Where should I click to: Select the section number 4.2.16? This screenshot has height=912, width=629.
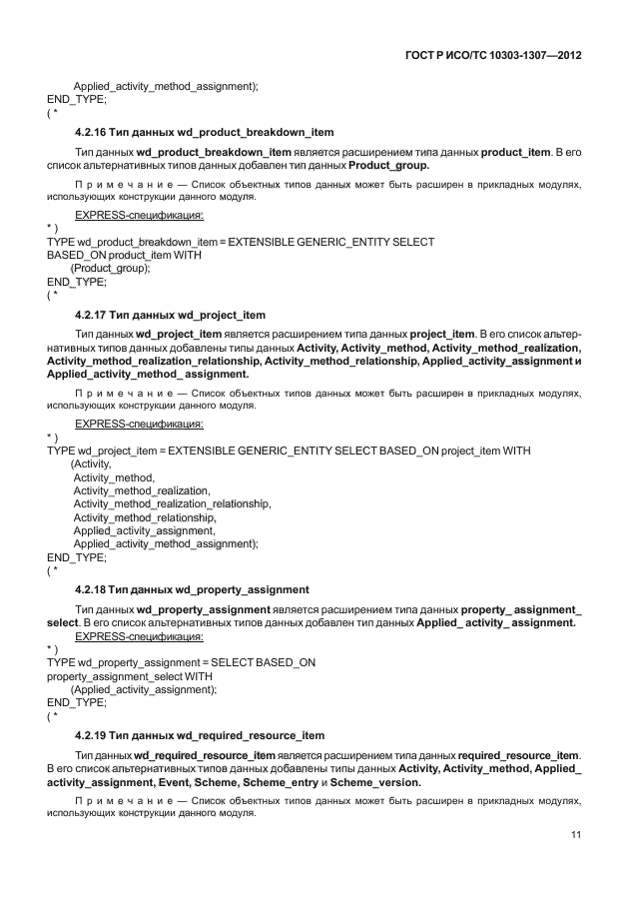click(93, 132)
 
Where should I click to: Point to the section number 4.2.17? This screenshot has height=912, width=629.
click(93, 316)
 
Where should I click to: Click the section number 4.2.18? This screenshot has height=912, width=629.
click(93, 589)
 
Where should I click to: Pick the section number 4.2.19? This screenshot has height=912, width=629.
click(93, 735)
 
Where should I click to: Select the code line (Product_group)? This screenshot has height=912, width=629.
click(110, 269)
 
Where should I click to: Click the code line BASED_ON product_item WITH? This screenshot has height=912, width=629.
click(124, 255)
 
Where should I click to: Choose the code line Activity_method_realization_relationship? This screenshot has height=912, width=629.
click(172, 504)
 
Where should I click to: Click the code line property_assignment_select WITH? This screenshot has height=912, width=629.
click(123, 676)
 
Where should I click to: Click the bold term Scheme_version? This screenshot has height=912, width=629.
click(375, 783)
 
